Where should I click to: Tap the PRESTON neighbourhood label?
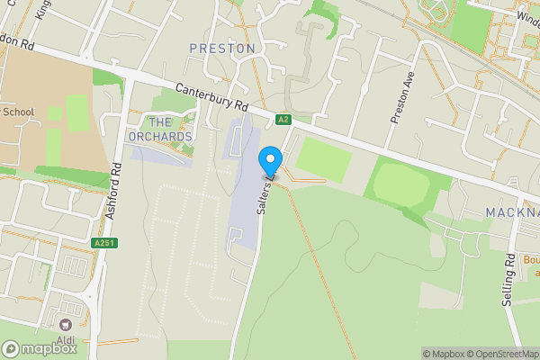pyautogui.click(x=222, y=48)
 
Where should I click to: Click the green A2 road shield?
pyautogui.click(x=283, y=119)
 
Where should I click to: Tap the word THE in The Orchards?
pyautogui.click(x=159, y=122)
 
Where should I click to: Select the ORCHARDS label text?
pyautogui.click(x=160, y=137)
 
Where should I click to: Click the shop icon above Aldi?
pyautogui.click(x=65, y=323)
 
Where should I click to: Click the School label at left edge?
pyautogui.click(x=18, y=112)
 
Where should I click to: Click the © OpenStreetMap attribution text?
pyautogui.click(x=492, y=354)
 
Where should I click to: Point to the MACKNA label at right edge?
pyautogui.click(x=512, y=213)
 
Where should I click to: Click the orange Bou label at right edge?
pyautogui.click(x=530, y=260)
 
